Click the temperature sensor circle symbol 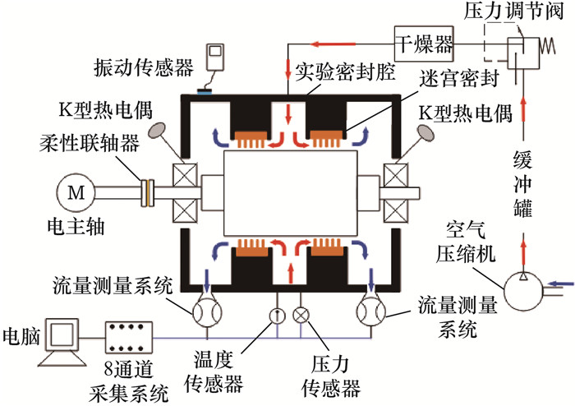point(277,313)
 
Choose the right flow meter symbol point(373,313)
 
